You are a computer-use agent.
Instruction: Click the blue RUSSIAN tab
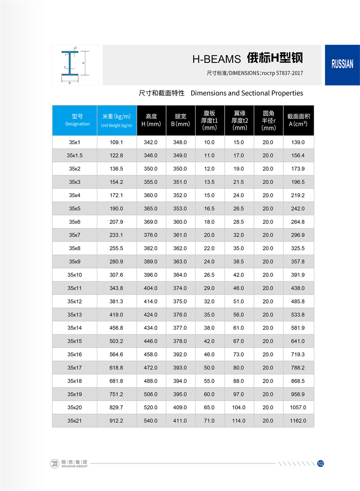coord(342,64)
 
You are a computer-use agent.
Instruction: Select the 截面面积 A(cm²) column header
coord(298,120)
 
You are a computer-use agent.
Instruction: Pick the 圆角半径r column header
coord(269,121)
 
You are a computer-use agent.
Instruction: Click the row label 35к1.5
coord(75,156)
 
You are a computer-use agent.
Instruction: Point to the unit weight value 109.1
coord(116,142)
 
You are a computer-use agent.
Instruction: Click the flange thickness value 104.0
coord(238,407)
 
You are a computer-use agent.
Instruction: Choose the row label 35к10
coord(75,275)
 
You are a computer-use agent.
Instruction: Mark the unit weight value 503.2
coord(116,341)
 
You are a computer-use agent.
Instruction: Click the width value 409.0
coord(180,407)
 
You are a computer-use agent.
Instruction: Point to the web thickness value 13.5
coord(210,182)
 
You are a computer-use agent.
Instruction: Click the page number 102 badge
coord(321,464)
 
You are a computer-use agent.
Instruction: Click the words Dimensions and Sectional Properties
coord(247,93)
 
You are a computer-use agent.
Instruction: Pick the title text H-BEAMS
coord(217,58)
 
